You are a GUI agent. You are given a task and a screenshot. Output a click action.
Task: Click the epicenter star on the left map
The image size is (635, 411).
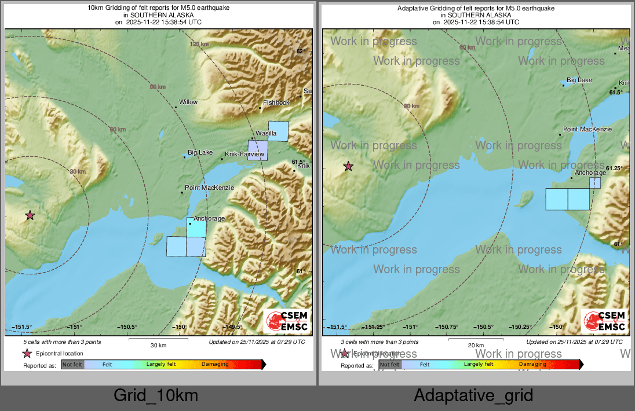pyautogui.click(x=30, y=215)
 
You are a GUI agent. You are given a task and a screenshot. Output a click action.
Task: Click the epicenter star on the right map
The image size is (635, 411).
pyautogui.click(x=348, y=166)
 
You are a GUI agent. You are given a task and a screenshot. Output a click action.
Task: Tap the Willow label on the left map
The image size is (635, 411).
pyautogui.click(x=188, y=102)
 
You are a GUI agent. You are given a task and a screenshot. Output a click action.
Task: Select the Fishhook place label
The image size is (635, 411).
pyautogui.click(x=276, y=102)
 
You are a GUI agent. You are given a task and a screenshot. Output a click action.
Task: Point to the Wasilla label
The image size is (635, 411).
pyautogui.click(x=266, y=134)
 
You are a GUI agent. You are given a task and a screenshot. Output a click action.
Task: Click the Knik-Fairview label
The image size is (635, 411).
pyautogui.click(x=244, y=155)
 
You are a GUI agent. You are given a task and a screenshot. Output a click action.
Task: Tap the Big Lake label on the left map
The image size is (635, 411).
pyautogui.click(x=200, y=153)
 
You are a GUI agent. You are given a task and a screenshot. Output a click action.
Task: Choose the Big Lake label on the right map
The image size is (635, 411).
pyautogui.click(x=579, y=80)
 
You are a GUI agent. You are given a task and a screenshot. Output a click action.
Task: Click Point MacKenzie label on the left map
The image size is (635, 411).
pyautogui.click(x=209, y=188)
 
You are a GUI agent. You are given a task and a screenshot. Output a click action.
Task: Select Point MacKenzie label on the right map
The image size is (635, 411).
pyautogui.click(x=587, y=129)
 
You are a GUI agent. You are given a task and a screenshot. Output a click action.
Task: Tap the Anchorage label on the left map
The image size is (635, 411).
pyautogui.click(x=209, y=218)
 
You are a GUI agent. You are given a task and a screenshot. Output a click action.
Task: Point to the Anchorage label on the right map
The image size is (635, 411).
pyautogui.click(x=590, y=173)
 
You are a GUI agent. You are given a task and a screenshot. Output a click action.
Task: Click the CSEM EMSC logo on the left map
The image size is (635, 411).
pyautogui.click(x=287, y=322)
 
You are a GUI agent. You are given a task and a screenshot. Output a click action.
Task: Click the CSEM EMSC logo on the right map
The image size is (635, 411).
pyautogui.click(x=604, y=322)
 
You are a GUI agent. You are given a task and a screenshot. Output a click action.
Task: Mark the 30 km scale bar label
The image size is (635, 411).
pyautogui.click(x=158, y=345)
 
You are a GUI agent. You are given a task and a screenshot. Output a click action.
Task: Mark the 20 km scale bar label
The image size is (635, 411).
pyautogui.click(x=475, y=345)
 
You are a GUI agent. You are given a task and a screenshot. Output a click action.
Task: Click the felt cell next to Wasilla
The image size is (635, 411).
pyautogui.click(x=278, y=131)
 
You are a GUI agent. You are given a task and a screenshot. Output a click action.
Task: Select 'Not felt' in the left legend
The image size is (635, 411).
pyautogui.click(x=72, y=365)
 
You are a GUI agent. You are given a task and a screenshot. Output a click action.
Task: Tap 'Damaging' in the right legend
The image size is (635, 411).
pyautogui.click(x=532, y=364)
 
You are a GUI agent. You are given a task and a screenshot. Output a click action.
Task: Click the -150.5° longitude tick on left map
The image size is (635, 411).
pyautogui.click(x=127, y=327)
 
